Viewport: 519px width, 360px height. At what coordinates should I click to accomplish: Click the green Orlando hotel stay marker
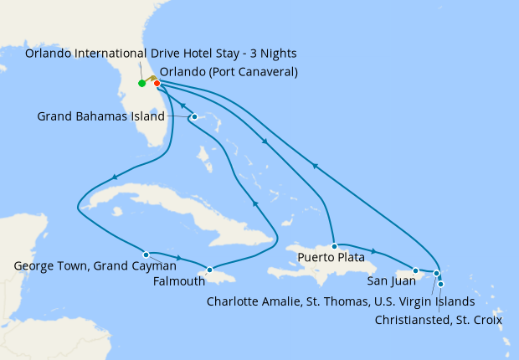click(141, 83)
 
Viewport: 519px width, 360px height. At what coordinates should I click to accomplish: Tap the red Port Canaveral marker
click(157, 83)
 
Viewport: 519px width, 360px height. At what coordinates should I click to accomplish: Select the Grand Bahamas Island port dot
click(193, 116)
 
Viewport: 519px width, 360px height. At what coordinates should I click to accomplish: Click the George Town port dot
click(146, 255)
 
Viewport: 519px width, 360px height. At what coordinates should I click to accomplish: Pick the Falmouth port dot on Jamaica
click(209, 270)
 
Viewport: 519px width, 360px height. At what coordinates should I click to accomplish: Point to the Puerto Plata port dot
click(334, 246)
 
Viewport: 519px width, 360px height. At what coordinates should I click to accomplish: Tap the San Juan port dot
click(416, 270)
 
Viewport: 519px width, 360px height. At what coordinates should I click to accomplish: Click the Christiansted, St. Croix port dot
click(441, 285)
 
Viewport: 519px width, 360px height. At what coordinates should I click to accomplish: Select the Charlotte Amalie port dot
click(436, 274)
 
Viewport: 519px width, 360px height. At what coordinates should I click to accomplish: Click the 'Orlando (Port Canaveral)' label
click(229, 72)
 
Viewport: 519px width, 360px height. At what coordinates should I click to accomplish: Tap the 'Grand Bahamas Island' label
click(101, 116)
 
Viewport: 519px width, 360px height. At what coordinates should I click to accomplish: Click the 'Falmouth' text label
click(177, 280)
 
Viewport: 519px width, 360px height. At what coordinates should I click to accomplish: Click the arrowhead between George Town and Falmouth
click(177, 257)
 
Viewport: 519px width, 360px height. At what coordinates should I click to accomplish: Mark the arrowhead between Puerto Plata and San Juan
click(373, 251)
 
